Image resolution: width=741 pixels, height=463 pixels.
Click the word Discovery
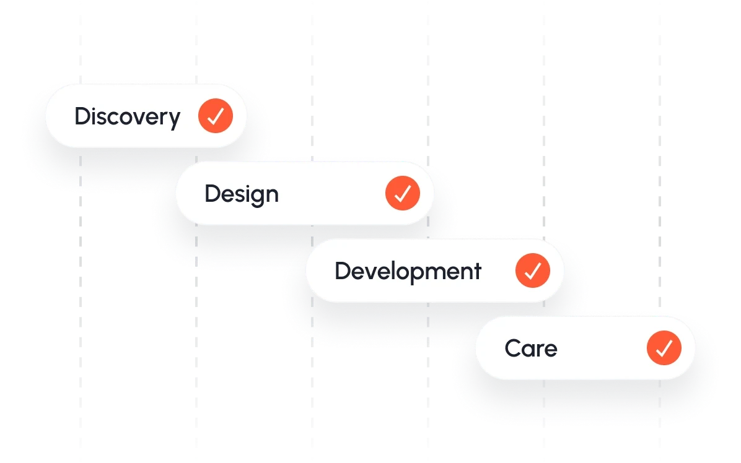point(127,116)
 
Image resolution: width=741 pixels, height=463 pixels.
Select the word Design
point(241,194)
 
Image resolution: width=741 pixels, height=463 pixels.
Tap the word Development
point(408,272)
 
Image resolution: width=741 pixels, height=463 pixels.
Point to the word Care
point(531,348)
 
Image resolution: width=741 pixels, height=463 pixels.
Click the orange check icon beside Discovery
point(216,116)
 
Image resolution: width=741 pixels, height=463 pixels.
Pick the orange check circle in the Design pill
point(403,193)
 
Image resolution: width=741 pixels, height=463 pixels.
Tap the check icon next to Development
point(533,270)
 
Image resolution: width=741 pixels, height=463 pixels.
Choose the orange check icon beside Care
point(664,348)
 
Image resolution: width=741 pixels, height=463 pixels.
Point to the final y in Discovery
point(174,119)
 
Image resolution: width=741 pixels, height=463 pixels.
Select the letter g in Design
point(254,197)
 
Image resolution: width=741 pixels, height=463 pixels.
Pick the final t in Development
point(477,271)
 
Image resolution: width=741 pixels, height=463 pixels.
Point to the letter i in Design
point(243,193)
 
